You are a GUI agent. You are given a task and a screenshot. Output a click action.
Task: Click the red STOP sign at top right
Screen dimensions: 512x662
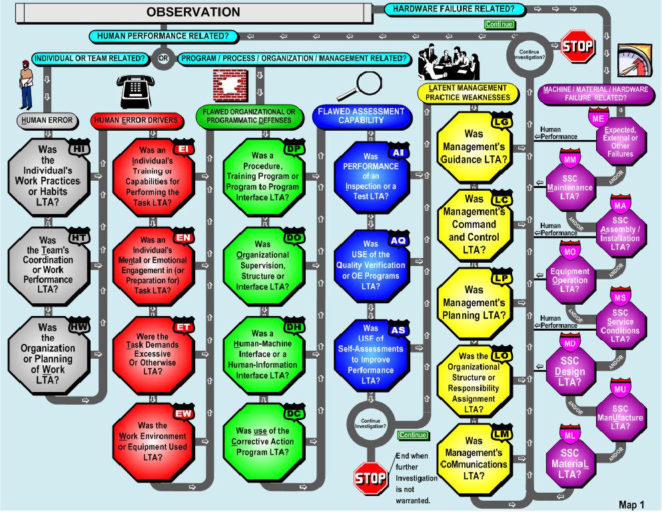(577, 46)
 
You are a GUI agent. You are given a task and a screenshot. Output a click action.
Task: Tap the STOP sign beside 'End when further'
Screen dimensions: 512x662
(370, 477)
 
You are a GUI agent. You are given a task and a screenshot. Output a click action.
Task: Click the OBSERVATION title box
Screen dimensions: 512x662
(193, 11)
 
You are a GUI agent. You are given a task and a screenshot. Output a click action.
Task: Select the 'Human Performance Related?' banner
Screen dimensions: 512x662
(163, 35)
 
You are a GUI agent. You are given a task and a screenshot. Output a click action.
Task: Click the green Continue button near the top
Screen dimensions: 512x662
(499, 25)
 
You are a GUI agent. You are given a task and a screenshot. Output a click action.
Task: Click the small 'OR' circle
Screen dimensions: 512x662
(163, 58)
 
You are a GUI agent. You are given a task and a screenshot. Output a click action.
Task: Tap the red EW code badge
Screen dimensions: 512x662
(183, 414)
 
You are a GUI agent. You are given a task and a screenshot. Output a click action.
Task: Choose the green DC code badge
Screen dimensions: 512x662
(294, 414)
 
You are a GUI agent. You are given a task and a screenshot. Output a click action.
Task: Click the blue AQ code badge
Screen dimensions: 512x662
(398, 241)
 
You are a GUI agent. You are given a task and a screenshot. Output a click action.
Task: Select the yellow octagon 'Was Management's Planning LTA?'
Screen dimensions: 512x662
(475, 302)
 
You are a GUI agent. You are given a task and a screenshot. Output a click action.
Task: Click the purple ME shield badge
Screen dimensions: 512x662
(599, 118)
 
